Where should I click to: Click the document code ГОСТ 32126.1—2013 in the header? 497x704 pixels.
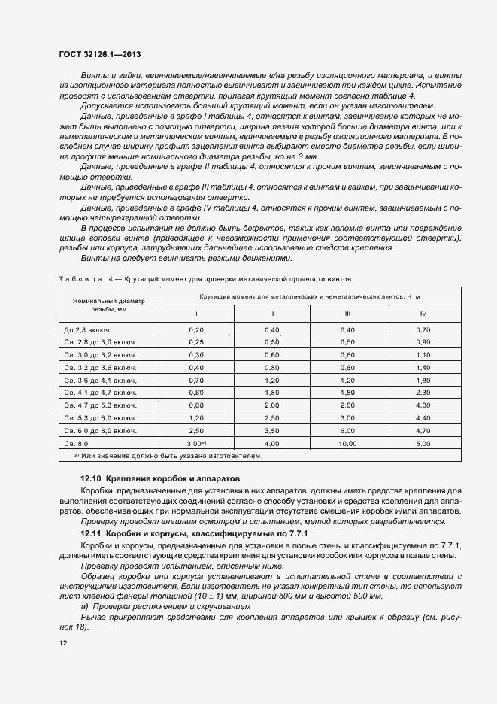99,55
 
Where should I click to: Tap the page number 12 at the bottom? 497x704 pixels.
62,643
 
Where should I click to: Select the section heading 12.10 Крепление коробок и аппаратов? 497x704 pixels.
159,478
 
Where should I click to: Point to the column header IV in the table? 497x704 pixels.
423,313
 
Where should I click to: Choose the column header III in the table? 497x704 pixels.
347,313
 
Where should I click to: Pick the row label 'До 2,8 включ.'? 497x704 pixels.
88,329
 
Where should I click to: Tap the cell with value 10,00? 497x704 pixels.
347,444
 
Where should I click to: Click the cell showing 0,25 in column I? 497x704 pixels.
196,342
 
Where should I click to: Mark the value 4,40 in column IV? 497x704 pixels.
423,418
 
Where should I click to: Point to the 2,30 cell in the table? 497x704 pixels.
423,393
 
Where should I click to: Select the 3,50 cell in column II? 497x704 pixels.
271,431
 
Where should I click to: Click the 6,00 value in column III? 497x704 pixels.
347,431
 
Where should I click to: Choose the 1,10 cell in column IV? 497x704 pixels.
423,355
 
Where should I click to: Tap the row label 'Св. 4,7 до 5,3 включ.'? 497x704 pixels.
100,405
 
